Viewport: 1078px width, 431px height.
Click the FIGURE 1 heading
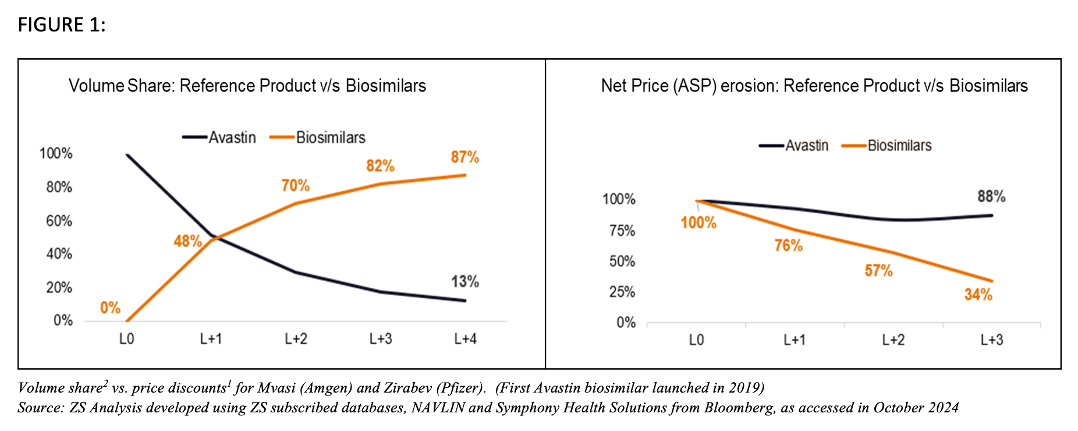pos(62,25)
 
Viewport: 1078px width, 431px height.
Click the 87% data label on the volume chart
pos(464,157)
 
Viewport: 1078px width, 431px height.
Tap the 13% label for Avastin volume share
pos(465,282)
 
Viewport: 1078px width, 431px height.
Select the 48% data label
pos(187,241)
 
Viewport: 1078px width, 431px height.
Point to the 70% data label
pos(295,186)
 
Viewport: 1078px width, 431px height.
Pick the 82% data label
pos(380,166)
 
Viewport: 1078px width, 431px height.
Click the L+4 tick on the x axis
pos(465,339)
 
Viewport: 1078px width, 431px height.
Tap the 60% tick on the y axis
pos(59,221)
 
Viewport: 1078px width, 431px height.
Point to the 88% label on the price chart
pos(991,197)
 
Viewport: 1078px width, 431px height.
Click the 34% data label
pos(978,295)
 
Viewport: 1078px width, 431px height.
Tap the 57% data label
pos(878,271)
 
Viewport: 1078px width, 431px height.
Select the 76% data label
pos(788,246)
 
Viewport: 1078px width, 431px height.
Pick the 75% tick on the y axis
pos(622,231)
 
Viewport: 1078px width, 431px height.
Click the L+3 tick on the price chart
pos(991,340)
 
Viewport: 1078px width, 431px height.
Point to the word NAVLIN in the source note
pos(437,408)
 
